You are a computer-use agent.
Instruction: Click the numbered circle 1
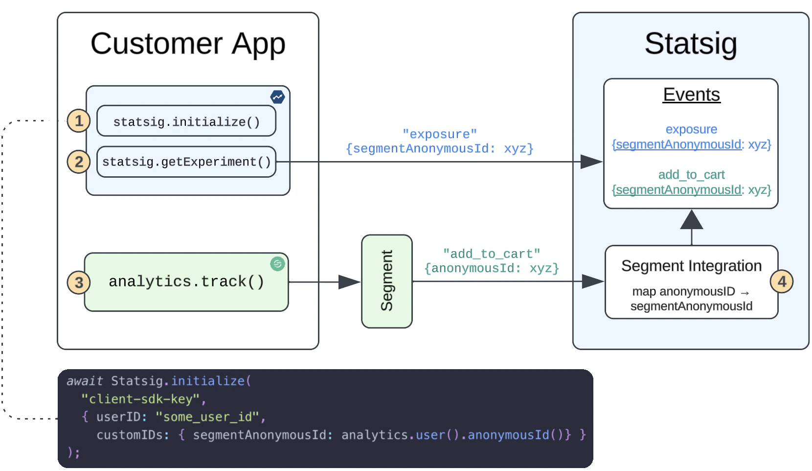pyautogui.click(x=79, y=121)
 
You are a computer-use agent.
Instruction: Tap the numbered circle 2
pyautogui.click(x=79, y=162)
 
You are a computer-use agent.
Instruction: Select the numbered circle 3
pyautogui.click(x=79, y=283)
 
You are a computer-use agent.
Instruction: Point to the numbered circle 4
pyautogui.click(x=782, y=282)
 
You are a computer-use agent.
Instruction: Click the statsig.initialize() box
pyautogui.click(x=186, y=121)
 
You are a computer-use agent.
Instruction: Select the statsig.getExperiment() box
pyautogui.click(x=186, y=162)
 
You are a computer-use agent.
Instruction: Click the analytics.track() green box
pyautogui.click(x=186, y=282)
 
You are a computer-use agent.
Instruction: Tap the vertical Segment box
pyautogui.click(x=386, y=281)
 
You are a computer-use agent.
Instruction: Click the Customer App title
pyautogui.click(x=188, y=44)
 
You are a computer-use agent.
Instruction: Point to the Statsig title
pyautogui.click(x=690, y=44)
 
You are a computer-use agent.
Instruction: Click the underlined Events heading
pyautogui.click(x=691, y=94)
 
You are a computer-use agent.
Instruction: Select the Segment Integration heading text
pyautogui.click(x=691, y=266)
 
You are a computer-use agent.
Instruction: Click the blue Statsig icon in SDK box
pyautogui.click(x=277, y=97)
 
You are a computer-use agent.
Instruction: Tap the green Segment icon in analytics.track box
pyautogui.click(x=277, y=264)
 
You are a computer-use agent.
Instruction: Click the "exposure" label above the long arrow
pyautogui.click(x=439, y=134)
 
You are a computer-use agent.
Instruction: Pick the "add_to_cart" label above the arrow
pyautogui.click(x=491, y=254)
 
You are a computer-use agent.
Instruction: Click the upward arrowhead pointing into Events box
pyautogui.click(x=691, y=220)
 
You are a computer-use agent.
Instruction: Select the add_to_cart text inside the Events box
pyautogui.click(x=691, y=175)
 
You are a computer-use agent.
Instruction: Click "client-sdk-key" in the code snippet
pyautogui.click(x=140, y=399)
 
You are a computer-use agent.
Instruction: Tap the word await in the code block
pyautogui.click(x=85, y=381)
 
